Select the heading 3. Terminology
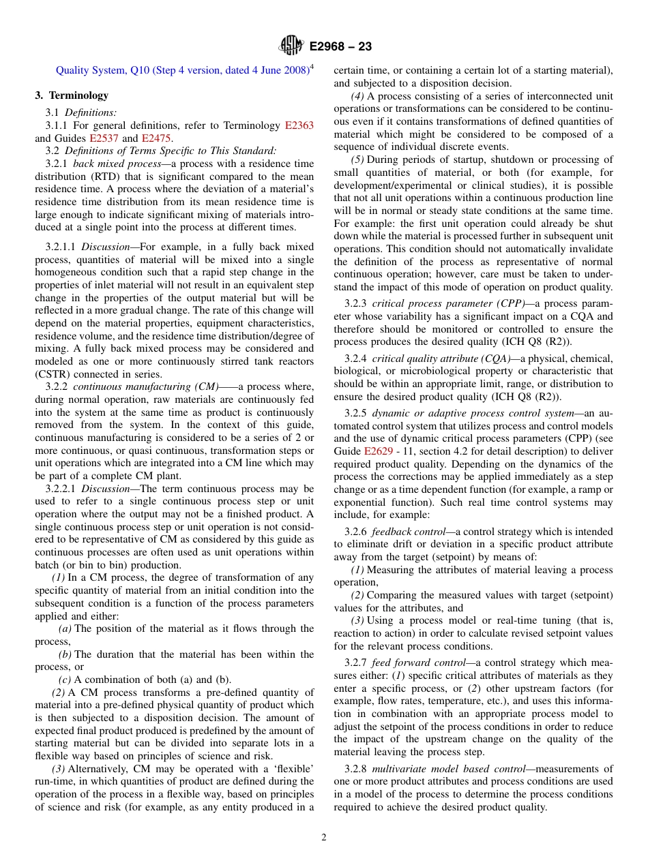pyautogui.click(x=72, y=95)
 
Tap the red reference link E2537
pyautogui.click(x=104, y=138)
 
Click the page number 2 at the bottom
pyautogui.click(x=324, y=838)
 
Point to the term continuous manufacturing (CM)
pyautogui.click(x=150, y=386)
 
